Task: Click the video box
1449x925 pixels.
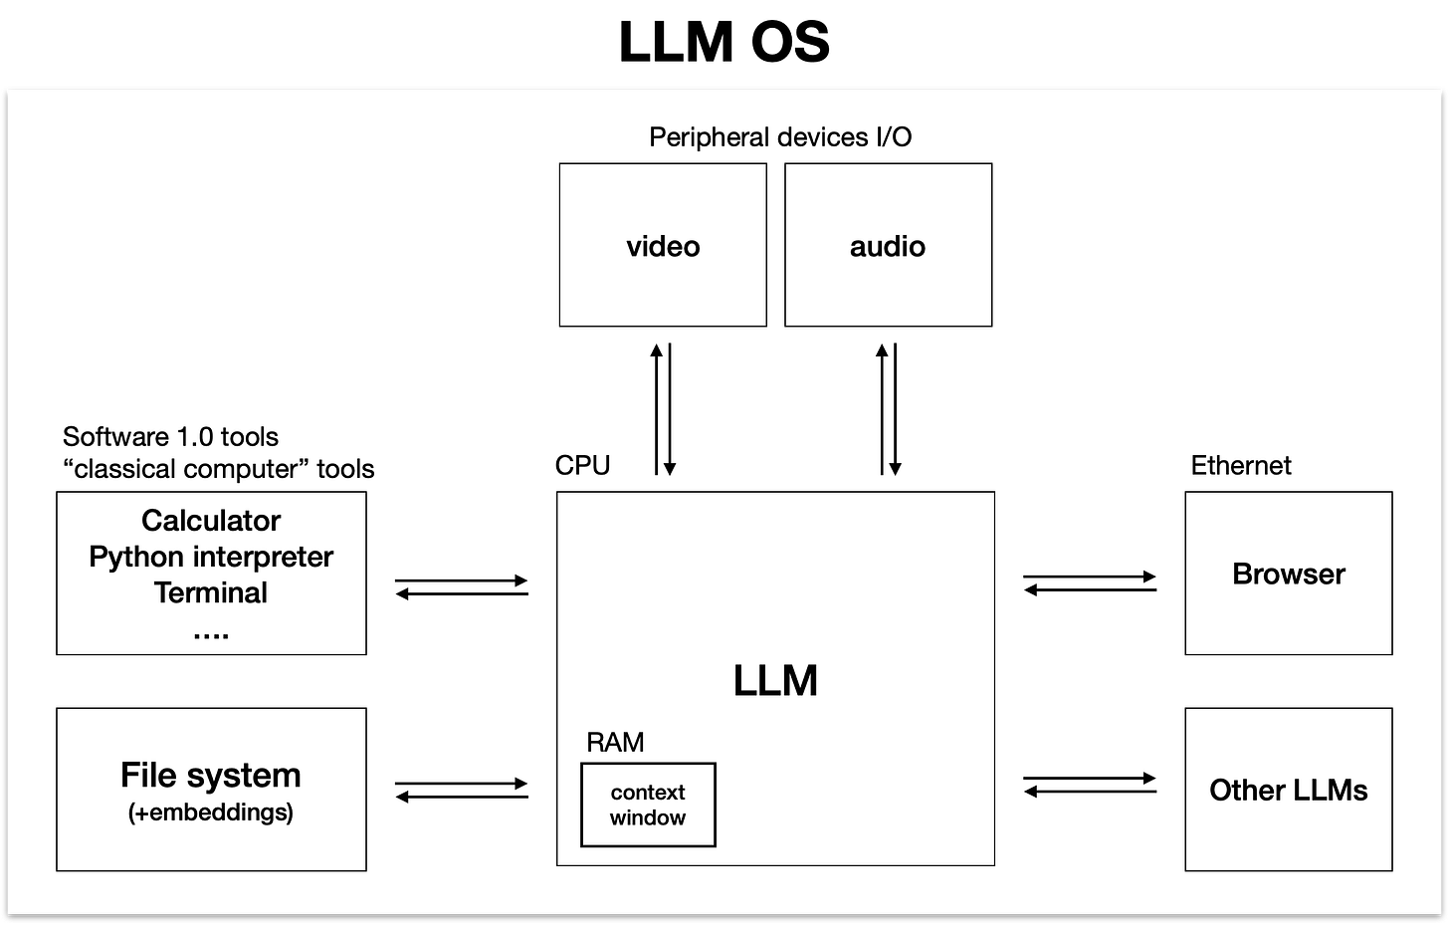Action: pos(663,245)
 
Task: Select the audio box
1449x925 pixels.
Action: pos(888,245)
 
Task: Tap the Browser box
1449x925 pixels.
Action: pos(1288,574)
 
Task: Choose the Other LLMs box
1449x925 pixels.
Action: pos(1288,790)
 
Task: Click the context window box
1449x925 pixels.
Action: pos(648,805)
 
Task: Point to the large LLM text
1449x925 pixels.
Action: pos(775,681)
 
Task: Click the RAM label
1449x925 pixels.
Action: pos(615,743)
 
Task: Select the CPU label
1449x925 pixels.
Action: pos(582,465)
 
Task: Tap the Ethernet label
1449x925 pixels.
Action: pos(1241,465)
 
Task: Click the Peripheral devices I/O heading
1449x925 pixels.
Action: pos(780,137)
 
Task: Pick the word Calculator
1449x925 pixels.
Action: pos(211,521)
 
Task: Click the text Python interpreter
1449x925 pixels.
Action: pos(211,557)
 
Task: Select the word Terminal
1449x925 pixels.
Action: pos(211,592)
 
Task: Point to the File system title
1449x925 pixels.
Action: pos(211,775)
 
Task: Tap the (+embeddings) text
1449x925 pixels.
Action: pos(211,812)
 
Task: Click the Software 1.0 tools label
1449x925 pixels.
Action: pos(170,437)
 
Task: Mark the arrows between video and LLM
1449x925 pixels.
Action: pos(663,409)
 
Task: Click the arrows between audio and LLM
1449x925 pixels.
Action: pos(888,409)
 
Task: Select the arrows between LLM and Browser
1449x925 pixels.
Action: pos(1090,583)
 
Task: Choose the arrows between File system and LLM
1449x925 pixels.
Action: pos(462,791)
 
